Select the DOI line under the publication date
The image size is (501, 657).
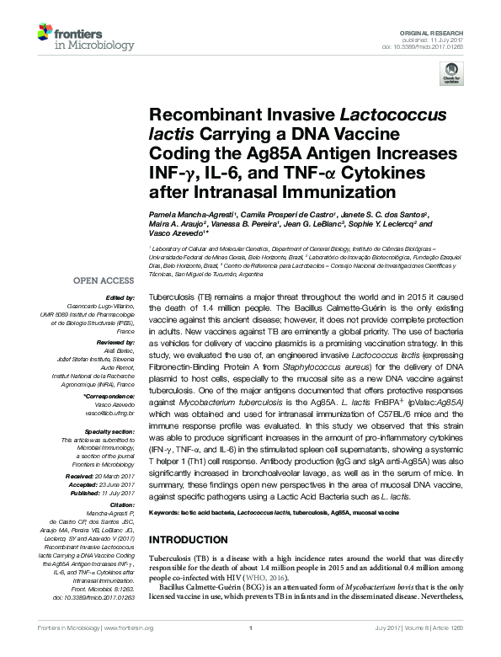pos(440,47)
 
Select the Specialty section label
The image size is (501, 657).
pos(107,430)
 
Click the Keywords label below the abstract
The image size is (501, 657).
pos(166,512)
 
